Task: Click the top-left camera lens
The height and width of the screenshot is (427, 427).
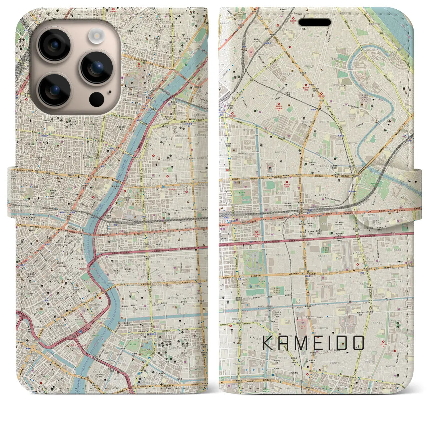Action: tap(54, 45)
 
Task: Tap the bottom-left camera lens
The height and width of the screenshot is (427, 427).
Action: tap(54, 89)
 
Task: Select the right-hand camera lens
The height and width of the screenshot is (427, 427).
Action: tap(96, 67)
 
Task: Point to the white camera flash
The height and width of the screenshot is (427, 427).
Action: tap(97, 35)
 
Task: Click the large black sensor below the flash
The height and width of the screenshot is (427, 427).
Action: tap(97, 99)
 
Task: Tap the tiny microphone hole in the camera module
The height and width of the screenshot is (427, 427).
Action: tap(110, 91)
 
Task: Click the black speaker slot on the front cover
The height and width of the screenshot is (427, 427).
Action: tap(315, 22)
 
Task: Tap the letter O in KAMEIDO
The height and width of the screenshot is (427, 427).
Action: tap(356, 343)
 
